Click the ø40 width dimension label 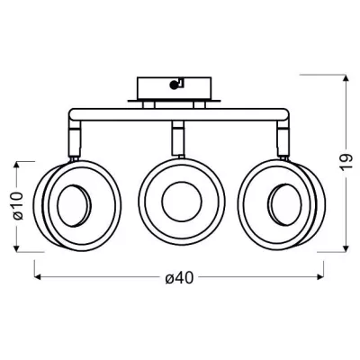pos(179,279)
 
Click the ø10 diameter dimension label pos(18,206)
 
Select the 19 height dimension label pos(346,162)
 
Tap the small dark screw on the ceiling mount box pos(174,85)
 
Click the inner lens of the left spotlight pos(74,206)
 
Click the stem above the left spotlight pos(75,139)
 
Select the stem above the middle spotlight pos(177,139)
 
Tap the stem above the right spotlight pos(283,139)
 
